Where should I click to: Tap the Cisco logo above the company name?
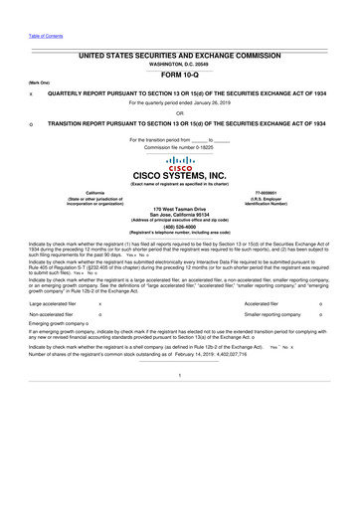[x=180, y=161]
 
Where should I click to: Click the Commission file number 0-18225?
[x=180, y=147]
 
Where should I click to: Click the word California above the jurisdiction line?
[x=76, y=194]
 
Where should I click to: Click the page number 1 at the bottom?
[x=180, y=429]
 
